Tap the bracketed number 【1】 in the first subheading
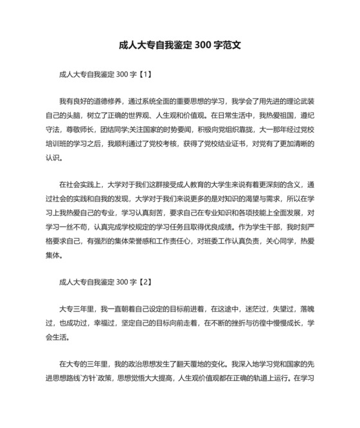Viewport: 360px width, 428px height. pos(145,74)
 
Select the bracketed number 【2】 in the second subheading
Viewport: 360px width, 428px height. pos(145,281)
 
